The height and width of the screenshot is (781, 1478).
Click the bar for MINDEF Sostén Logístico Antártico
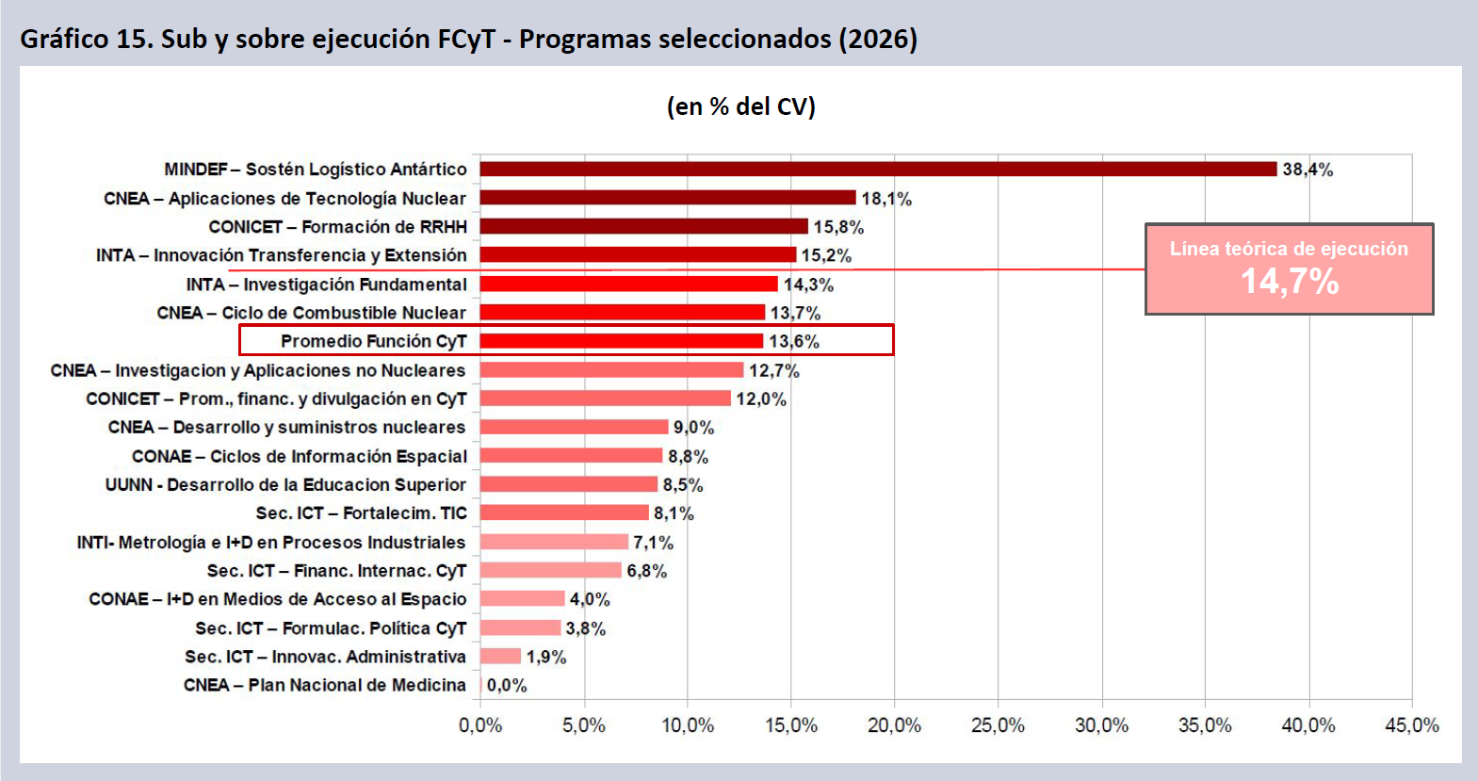[878, 170]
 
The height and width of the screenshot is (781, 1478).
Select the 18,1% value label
[886, 199]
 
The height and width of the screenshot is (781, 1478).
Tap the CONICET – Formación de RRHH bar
[644, 227]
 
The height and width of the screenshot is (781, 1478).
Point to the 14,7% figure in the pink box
[1289, 281]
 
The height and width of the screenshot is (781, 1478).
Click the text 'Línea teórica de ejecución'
[1289, 249]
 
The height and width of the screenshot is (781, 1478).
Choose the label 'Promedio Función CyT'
[373, 341]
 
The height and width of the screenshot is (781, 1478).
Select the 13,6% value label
[794, 341]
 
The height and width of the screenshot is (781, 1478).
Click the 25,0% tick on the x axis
[998, 725]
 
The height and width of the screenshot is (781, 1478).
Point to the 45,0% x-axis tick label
[1411, 725]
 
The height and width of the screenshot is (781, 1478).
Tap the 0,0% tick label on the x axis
[480, 725]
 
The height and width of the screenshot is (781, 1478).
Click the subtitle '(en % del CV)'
[740, 106]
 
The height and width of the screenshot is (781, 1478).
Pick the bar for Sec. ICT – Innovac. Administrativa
[500, 657]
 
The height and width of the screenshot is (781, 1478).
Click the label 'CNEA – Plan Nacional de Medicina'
[325, 685]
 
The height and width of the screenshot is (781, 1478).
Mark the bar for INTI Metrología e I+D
[554, 542]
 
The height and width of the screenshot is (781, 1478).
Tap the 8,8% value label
[688, 457]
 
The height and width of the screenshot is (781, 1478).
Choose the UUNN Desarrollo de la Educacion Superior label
[285, 485]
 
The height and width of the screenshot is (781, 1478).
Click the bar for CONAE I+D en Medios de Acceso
[523, 599]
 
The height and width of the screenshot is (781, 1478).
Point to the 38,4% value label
[1307, 170]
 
